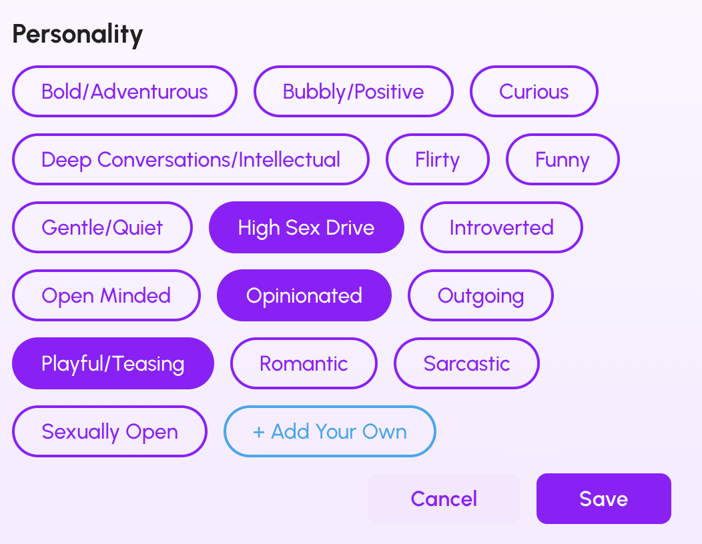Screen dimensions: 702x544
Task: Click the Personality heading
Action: point(77,35)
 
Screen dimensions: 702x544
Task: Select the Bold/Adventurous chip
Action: point(125,91)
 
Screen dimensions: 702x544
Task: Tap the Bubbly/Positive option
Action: point(353,91)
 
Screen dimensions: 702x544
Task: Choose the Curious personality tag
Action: point(534,91)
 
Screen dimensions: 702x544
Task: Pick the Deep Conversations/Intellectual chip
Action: point(191,159)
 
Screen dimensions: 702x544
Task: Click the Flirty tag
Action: point(437,159)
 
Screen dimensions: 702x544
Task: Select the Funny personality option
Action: point(563,159)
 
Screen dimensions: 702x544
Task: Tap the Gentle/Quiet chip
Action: point(102,227)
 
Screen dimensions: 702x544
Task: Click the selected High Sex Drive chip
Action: point(306,227)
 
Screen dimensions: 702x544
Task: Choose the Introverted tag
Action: point(501,227)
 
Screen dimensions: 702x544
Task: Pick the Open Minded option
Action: point(106,295)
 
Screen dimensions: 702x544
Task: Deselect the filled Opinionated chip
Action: point(304,295)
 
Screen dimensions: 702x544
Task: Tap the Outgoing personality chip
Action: point(480,295)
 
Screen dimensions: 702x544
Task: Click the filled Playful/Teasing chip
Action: point(113,363)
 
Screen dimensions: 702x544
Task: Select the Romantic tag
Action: point(304,363)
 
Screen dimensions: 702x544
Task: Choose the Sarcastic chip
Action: point(466,363)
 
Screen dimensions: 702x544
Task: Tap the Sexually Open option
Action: point(109,431)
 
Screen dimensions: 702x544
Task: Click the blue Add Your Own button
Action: point(330,431)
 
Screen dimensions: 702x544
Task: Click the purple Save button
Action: point(603,499)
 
